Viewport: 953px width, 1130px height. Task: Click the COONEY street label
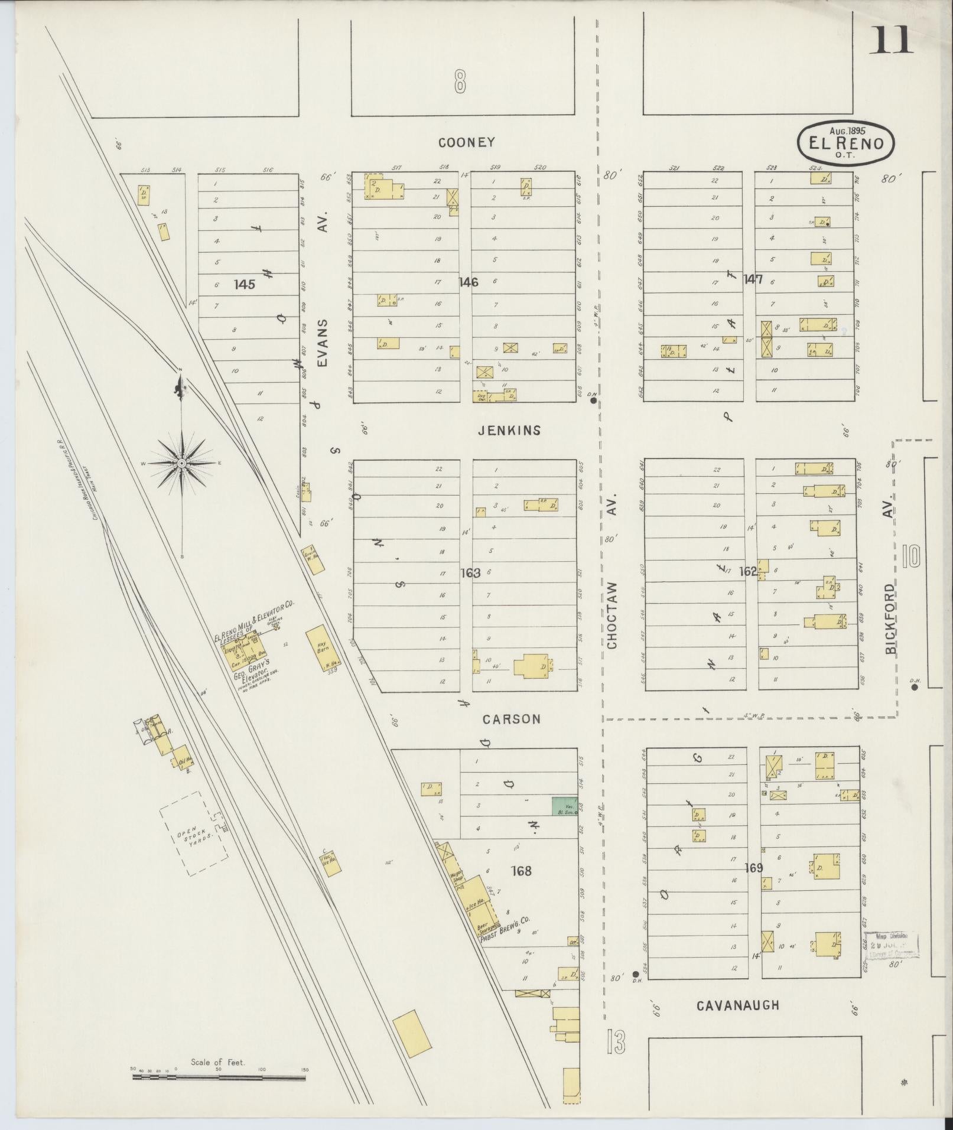click(x=466, y=142)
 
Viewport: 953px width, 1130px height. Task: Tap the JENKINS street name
click(x=509, y=431)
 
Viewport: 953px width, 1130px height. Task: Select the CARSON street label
click(x=511, y=719)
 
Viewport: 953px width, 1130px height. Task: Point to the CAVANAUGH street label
click(x=737, y=1005)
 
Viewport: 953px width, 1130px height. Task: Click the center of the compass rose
click(x=182, y=464)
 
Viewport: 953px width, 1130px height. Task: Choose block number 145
click(x=244, y=285)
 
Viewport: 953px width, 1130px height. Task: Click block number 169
click(x=754, y=868)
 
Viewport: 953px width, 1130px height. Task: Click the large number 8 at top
click(x=460, y=82)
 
